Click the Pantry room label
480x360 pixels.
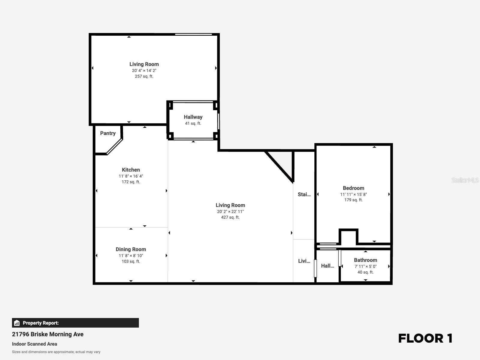click(x=108, y=133)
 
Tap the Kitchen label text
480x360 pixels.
click(x=131, y=170)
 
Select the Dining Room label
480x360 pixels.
click(x=131, y=249)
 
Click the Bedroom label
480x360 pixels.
click(x=353, y=188)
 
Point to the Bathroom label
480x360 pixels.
click(x=365, y=260)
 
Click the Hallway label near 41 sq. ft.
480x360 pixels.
click(x=193, y=117)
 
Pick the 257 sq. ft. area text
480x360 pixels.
click(x=144, y=76)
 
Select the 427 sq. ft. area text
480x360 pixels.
click(x=230, y=217)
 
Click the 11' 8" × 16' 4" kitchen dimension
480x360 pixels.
click(x=131, y=176)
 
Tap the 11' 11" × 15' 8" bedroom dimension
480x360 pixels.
click(x=353, y=194)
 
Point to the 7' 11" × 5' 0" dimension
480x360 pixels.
click(x=365, y=266)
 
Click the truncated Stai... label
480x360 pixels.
click(x=304, y=194)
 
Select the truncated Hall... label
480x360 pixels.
click(x=327, y=266)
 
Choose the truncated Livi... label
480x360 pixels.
click(x=304, y=261)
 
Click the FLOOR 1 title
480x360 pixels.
click(x=425, y=338)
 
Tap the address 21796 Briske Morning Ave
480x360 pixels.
click(x=48, y=334)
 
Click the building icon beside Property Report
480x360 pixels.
click(x=17, y=323)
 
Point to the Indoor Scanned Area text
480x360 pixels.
click(x=34, y=344)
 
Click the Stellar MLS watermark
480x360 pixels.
click(x=465, y=180)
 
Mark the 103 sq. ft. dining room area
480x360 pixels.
click(x=131, y=261)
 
